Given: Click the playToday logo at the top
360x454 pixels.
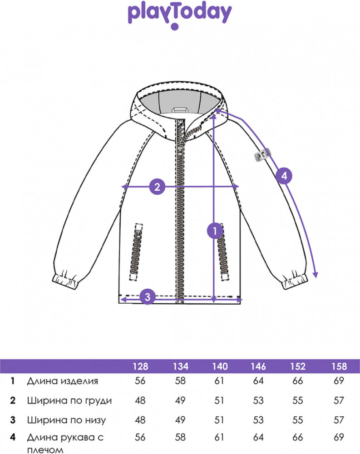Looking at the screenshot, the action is point(180,16).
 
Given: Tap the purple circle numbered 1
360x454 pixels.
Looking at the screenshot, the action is point(215,231).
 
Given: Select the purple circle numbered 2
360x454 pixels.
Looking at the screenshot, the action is point(157,187).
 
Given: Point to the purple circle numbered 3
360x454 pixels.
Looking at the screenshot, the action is point(148,297).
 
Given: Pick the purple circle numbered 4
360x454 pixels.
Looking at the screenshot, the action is point(284,176).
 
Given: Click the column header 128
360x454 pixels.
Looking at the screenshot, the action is point(140,366).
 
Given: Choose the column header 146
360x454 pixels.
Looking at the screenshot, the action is point(258,366).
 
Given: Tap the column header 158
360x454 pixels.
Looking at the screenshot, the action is point(339,366).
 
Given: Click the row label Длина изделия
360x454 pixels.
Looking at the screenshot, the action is point(63,381).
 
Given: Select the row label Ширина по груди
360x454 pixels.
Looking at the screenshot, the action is point(69,400).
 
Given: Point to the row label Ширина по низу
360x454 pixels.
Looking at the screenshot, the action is point(67,420).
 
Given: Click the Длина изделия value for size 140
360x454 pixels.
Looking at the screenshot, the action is point(219,381).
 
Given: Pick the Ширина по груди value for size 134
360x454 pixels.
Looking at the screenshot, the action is point(180,400).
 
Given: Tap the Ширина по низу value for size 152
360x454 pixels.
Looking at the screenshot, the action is point(298,420).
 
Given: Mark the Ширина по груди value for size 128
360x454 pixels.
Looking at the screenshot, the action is point(140,400).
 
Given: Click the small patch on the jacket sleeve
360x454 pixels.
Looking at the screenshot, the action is point(262,154).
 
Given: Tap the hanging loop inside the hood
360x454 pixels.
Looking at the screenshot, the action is point(180,110).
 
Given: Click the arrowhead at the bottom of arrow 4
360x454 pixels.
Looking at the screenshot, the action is point(316,275).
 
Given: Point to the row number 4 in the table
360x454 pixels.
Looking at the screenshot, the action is point(12,437).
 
